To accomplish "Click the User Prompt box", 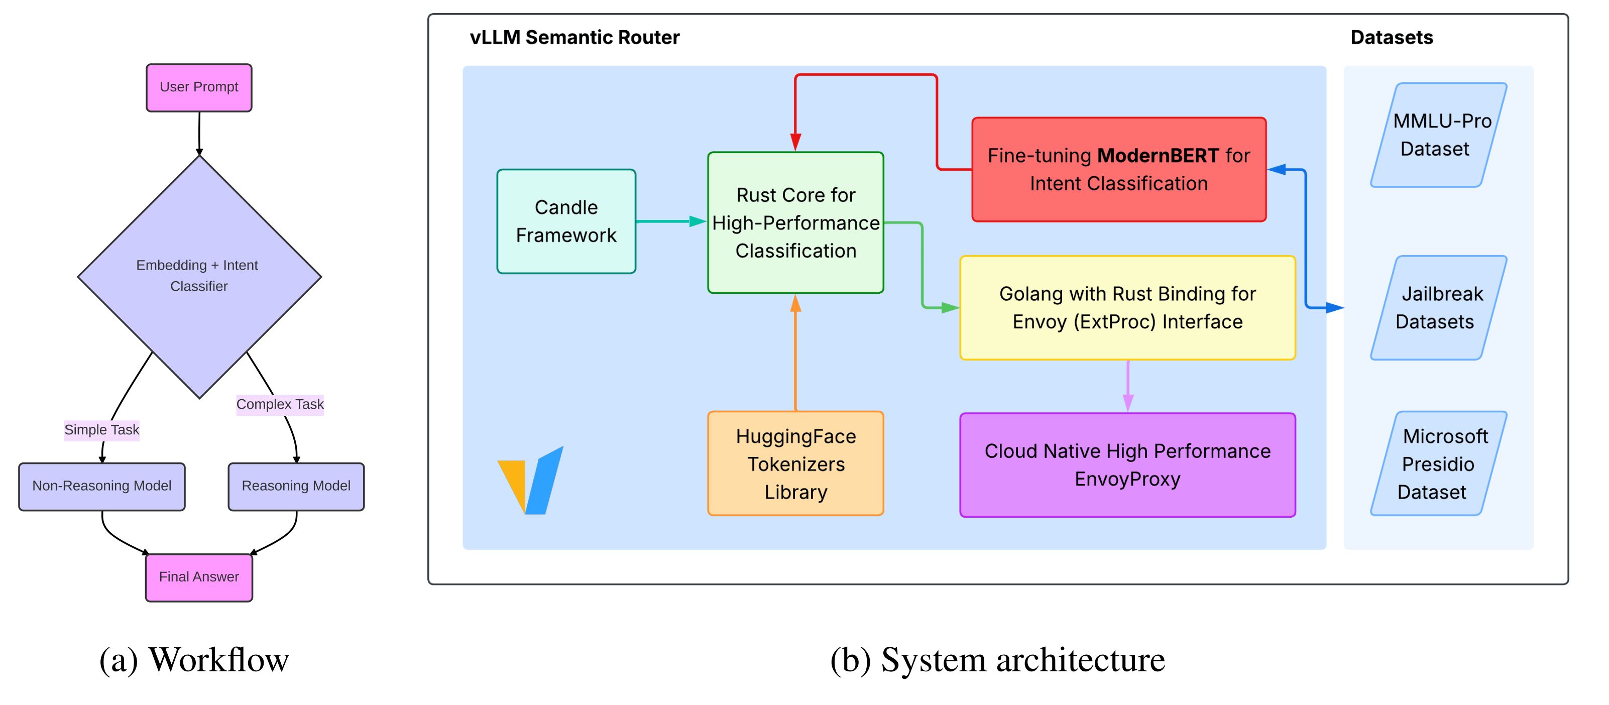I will (x=199, y=87).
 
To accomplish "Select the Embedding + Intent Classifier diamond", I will (x=199, y=276).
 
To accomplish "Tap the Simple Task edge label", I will (x=102, y=430).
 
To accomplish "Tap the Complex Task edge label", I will (x=280, y=404).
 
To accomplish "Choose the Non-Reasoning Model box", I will (x=102, y=486).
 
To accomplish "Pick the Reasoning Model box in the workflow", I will (x=296, y=486).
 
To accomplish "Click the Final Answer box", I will (x=199, y=577).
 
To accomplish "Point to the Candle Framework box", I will (x=566, y=221).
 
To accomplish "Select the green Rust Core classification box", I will (x=795, y=222).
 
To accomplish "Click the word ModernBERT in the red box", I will (x=1158, y=156).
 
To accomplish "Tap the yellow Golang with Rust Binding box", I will (x=1127, y=307).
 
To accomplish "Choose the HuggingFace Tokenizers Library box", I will (x=795, y=463).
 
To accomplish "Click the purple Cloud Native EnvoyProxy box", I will (x=1127, y=464).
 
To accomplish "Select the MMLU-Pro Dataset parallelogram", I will (x=1438, y=135).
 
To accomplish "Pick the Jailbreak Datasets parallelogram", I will (x=1438, y=307).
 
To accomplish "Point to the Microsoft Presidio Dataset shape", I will (x=1438, y=463).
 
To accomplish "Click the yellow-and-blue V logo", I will (x=531, y=481).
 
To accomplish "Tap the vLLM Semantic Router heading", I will (x=574, y=38).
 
